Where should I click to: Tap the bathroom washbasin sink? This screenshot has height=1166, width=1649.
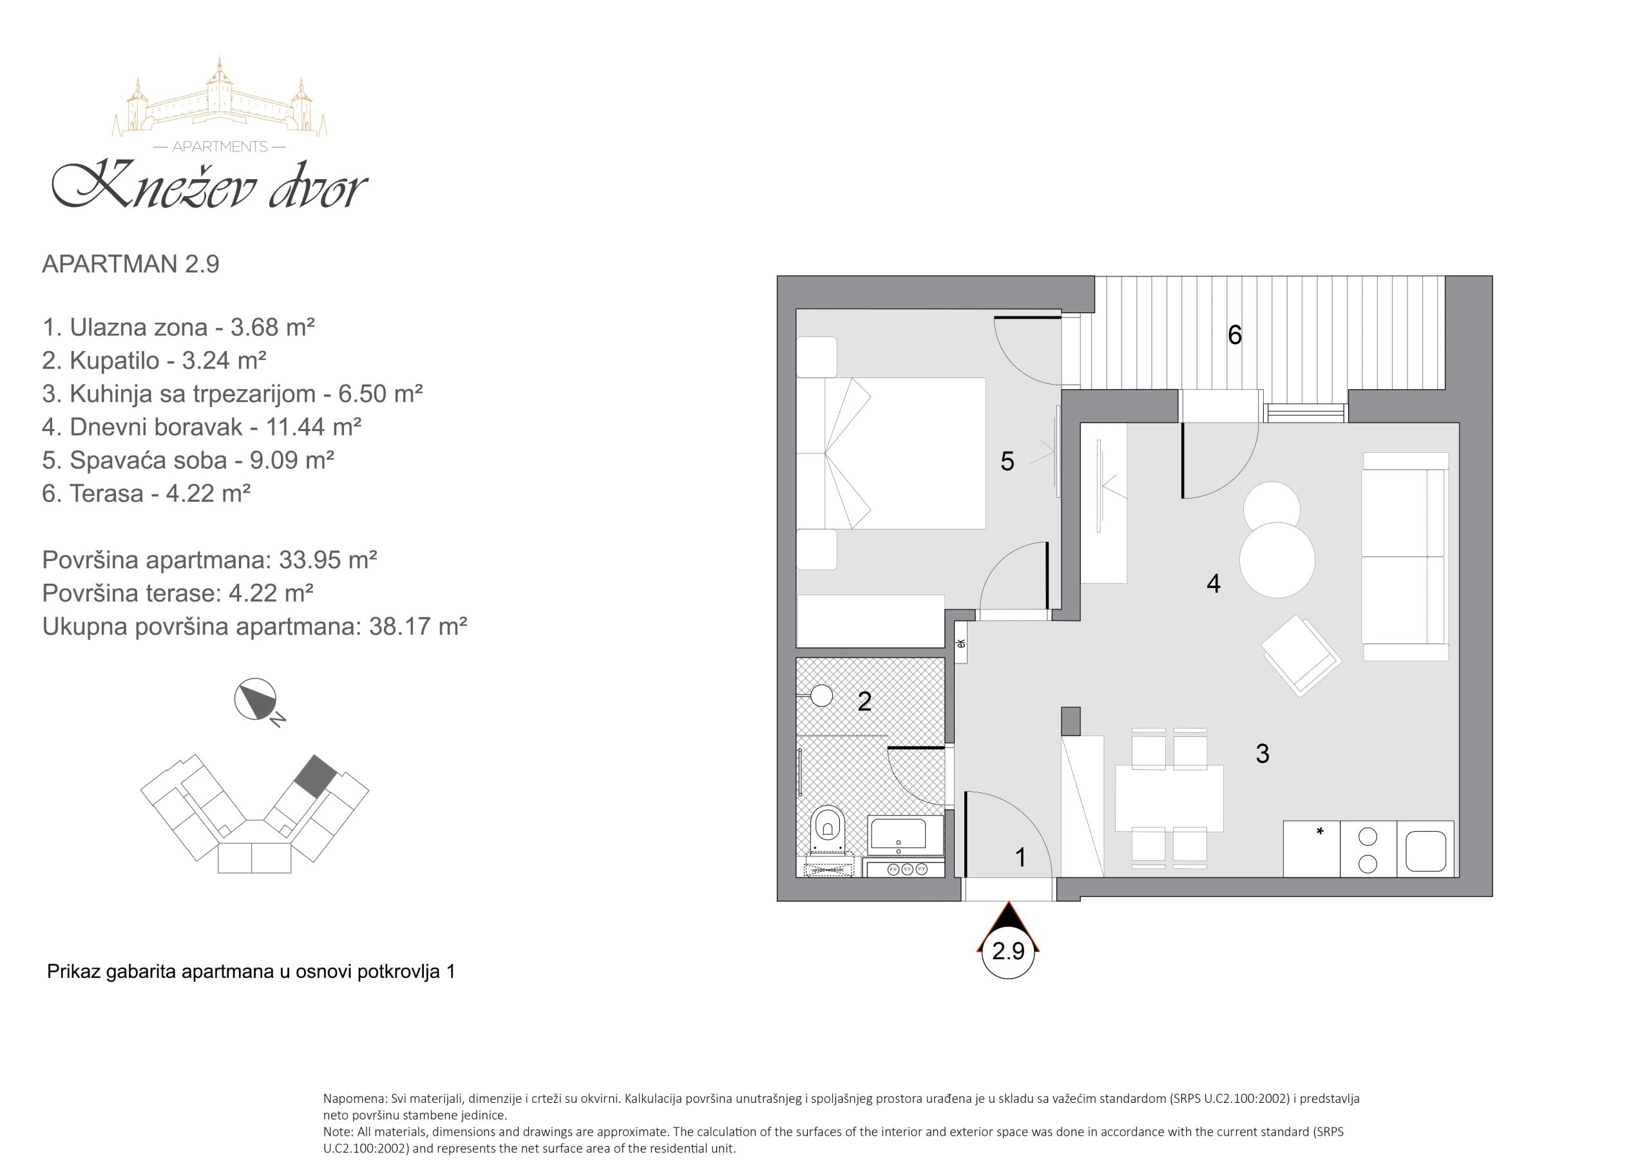pos(898,834)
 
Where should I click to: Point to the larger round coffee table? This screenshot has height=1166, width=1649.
pos(1277,560)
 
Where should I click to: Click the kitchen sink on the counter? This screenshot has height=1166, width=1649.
pos(1425,852)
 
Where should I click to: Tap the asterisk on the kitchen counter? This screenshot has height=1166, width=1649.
pos(1319,832)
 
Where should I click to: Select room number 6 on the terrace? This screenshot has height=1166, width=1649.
pos(1235,335)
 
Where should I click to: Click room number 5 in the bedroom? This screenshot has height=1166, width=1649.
pos(1007,461)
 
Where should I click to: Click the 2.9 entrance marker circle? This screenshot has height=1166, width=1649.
pos(1008,952)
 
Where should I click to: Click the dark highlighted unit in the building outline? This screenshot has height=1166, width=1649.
pos(316,775)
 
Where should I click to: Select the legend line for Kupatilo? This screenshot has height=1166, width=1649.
pos(155,360)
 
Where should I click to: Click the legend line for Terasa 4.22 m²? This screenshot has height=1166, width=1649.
pos(146,493)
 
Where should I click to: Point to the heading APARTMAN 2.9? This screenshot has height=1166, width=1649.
pos(131,263)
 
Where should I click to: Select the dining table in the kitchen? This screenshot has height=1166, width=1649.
pos(1169,798)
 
